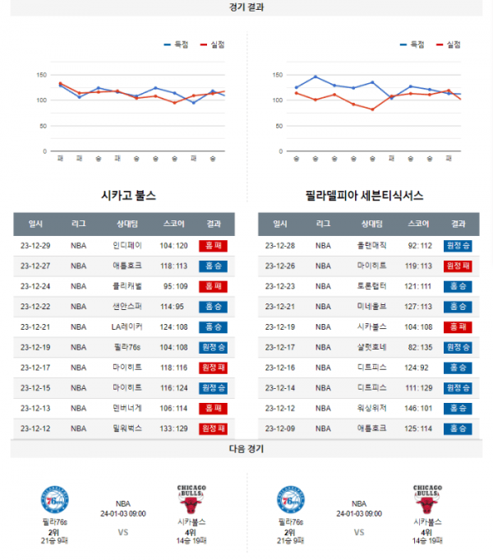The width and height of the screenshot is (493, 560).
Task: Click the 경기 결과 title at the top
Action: click(x=246, y=7)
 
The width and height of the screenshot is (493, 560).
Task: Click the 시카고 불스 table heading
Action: click(x=127, y=196)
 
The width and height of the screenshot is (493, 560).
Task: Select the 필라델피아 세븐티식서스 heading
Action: click(x=364, y=196)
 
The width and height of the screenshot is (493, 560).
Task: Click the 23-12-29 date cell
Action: click(x=35, y=245)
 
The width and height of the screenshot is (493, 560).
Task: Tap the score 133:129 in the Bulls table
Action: click(x=174, y=428)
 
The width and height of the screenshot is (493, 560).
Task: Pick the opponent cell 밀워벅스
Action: click(x=127, y=428)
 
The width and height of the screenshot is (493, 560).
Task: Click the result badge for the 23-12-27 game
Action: click(x=214, y=266)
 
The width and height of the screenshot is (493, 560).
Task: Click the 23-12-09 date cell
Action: click(x=280, y=428)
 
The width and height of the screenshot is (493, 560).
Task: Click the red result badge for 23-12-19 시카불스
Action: click(x=458, y=326)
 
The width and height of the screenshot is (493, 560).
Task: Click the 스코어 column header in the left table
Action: click(x=174, y=224)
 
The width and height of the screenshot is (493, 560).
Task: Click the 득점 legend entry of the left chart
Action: click(x=176, y=44)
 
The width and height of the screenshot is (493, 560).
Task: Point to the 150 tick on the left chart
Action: click(x=40, y=75)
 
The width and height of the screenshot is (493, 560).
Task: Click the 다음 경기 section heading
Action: click(x=246, y=449)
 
